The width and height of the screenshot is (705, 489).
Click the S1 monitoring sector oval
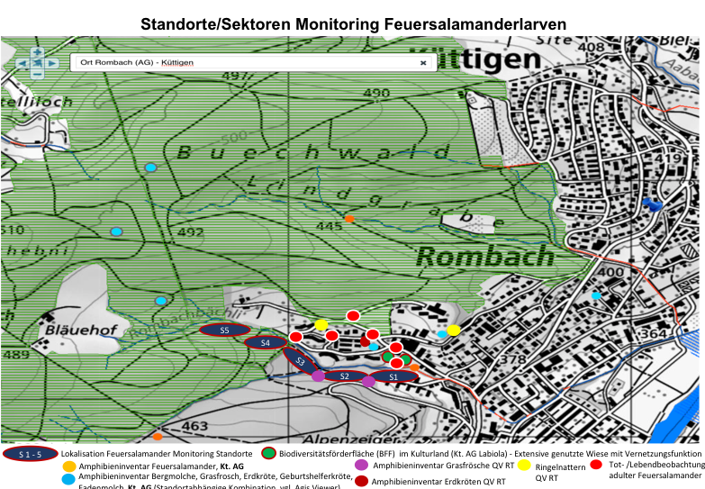(393, 376)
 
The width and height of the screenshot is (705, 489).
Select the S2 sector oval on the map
(344, 376)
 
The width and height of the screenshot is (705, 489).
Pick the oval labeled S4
(265, 342)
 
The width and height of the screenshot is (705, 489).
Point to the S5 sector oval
(225, 331)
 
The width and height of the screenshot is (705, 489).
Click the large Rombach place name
(484, 257)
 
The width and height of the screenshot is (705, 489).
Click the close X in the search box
(423, 63)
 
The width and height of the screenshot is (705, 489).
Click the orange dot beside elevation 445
(350, 219)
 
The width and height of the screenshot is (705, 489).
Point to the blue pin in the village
(655, 205)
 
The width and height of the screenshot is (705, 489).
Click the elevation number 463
(195, 425)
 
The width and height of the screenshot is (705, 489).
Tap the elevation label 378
(511, 360)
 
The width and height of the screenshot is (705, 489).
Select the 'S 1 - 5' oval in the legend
(31, 453)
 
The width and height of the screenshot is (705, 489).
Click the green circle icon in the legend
(267, 453)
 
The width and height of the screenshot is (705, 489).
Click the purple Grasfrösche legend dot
(361, 466)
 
